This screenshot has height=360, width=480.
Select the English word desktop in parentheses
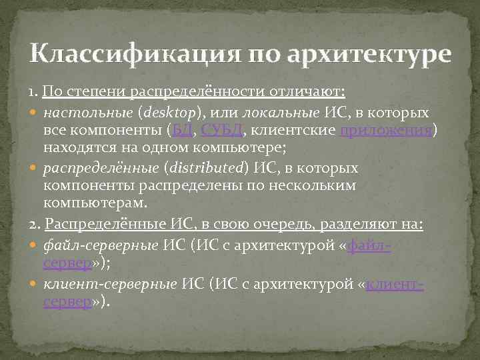(178, 111)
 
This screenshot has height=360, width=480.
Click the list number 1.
(33, 90)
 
